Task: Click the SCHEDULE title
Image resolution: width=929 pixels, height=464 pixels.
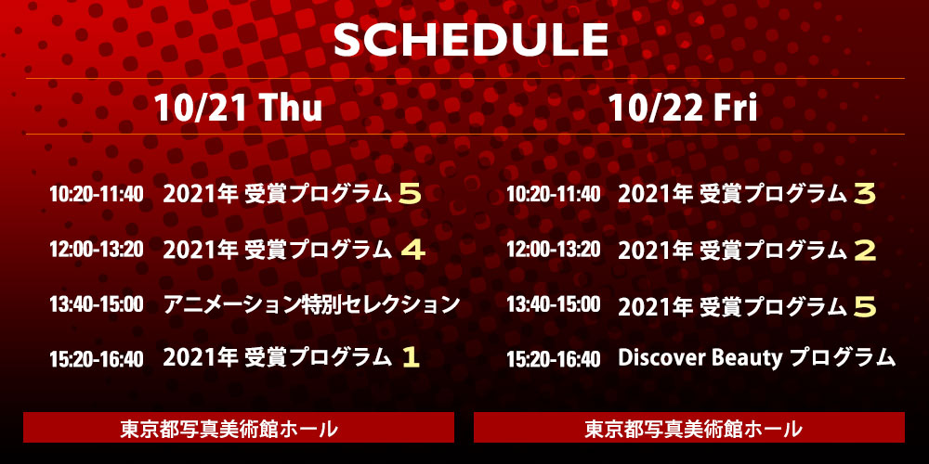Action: click(x=472, y=40)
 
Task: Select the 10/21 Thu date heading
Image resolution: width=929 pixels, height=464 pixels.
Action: click(x=238, y=109)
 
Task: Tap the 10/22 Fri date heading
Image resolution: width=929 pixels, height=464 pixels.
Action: click(x=683, y=109)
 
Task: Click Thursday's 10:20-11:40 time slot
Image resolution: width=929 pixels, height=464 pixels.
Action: click(x=97, y=194)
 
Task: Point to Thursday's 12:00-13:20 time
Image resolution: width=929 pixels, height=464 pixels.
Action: click(x=97, y=250)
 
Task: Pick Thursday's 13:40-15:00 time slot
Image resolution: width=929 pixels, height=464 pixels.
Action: click(x=97, y=304)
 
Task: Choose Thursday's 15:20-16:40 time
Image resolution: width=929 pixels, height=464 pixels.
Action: click(x=97, y=359)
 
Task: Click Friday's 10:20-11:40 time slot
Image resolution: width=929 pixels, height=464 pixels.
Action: click(x=554, y=194)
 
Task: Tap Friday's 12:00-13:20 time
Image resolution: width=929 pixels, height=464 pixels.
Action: click(x=554, y=250)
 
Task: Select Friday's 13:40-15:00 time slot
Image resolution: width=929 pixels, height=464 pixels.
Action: click(x=554, y=304)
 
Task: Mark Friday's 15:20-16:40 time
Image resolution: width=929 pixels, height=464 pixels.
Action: click(x=554, y=359)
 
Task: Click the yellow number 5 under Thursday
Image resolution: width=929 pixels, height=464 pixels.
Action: click(x=410, y=195)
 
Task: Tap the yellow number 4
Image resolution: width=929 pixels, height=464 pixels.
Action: click(x=413, y=251)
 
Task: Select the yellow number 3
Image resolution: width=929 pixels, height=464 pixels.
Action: click(x=864, y=195)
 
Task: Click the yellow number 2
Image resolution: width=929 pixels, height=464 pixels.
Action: click(x=865, y=251)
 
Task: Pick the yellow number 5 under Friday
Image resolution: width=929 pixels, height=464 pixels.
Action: click(x=865, y=306)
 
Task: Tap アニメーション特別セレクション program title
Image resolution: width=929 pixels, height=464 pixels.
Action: click(x=311, y=304)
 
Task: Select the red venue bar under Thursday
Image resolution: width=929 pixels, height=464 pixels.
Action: click(x=239, y=427)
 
